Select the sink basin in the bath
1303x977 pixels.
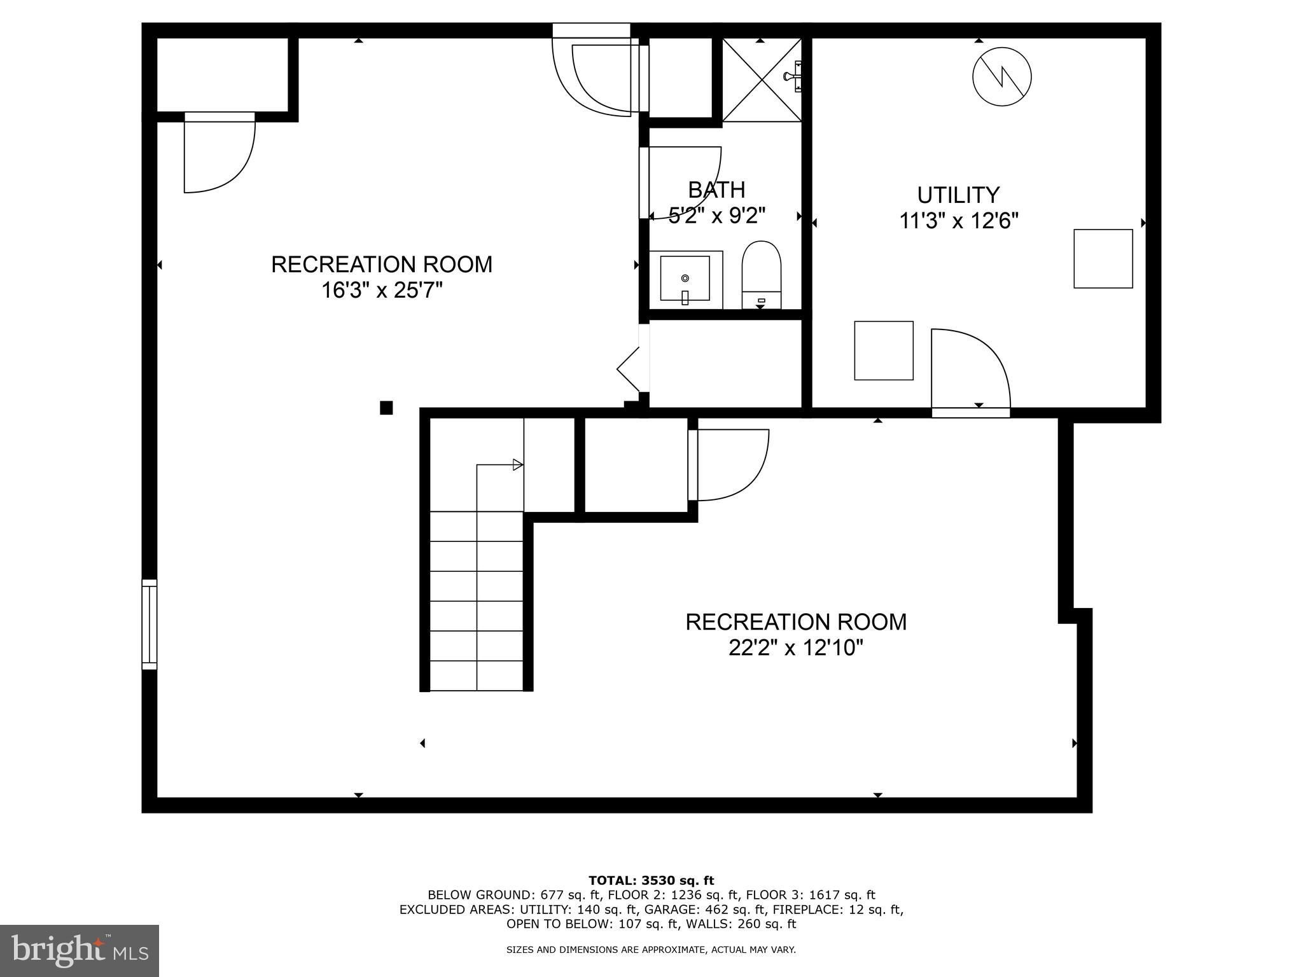(x=685, y=279)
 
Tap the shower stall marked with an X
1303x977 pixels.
(x=762, y=79)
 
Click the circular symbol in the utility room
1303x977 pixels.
(x=1002, y=77)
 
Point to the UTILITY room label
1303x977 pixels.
(x=958, y=195)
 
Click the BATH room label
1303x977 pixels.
(x=716, y=190)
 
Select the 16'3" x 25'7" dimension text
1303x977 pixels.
(x=382, y=291)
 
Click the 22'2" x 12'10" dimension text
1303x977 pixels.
(x=796, y=648)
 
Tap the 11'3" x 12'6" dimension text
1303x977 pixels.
(x=958, y=221)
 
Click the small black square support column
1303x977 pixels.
(x=386, y=408)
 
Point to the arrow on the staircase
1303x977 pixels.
(x=517, y=465)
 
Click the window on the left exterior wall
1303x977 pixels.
(x=149, y=624)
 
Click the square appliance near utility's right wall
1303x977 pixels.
(x=1103, y=259)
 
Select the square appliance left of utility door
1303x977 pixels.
(x=883, y=350)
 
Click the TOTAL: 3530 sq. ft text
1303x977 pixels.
(x=651, y=880)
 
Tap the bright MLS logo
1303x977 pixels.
(x=80, y=950)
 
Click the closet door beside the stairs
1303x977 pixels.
(x=728, y=464)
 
